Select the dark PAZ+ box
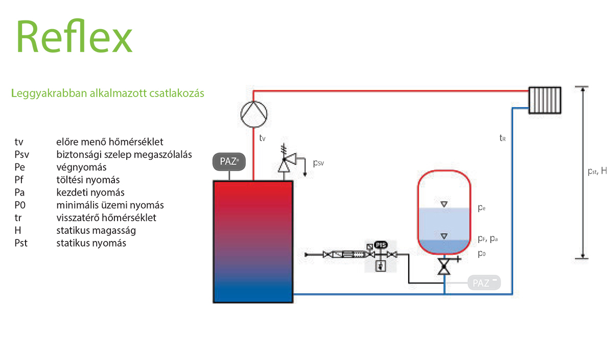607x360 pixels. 229,161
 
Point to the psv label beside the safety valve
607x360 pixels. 318,163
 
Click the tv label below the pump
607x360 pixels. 262,138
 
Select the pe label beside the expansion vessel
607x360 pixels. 481,208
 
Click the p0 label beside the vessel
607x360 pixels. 481,253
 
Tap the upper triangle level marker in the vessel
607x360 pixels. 444,204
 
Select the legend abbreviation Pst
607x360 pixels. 21,243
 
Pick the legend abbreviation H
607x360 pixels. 18,230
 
